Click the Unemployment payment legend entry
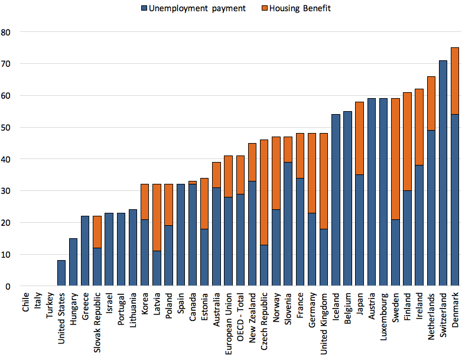pos(189,8)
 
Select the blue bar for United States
pos(61,273)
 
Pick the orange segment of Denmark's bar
pos(455,81)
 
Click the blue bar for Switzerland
pos(443,173)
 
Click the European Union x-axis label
pos(228,319)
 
